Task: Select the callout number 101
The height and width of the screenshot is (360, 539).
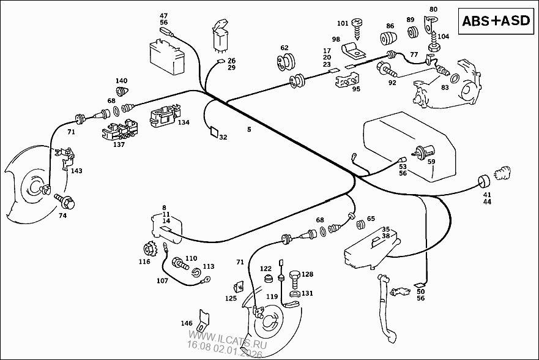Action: click(x=343, y=24)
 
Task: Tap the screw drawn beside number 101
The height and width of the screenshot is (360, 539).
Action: click(x=359, y=26)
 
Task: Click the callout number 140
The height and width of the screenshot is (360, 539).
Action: click(x=122, y=81)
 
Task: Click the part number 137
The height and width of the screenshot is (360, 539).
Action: click(x=119, y=144)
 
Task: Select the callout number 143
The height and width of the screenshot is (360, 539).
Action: click(x=76, y=171)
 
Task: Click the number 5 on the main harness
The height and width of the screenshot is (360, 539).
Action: click(x=249, y=129)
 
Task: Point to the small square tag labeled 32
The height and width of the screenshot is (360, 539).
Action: click(x=214, y=131)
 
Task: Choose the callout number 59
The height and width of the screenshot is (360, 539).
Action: click(x=431, y=162)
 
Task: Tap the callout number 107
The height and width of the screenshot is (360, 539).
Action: click(x=162, y=281)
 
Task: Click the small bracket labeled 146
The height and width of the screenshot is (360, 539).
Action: click(x=204, y=319)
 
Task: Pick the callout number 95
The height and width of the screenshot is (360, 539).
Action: click(x=355, y=89)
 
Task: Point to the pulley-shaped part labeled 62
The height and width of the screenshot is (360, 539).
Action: click(x=284, y=61)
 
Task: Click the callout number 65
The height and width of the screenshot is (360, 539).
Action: click(x=370, y=219)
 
